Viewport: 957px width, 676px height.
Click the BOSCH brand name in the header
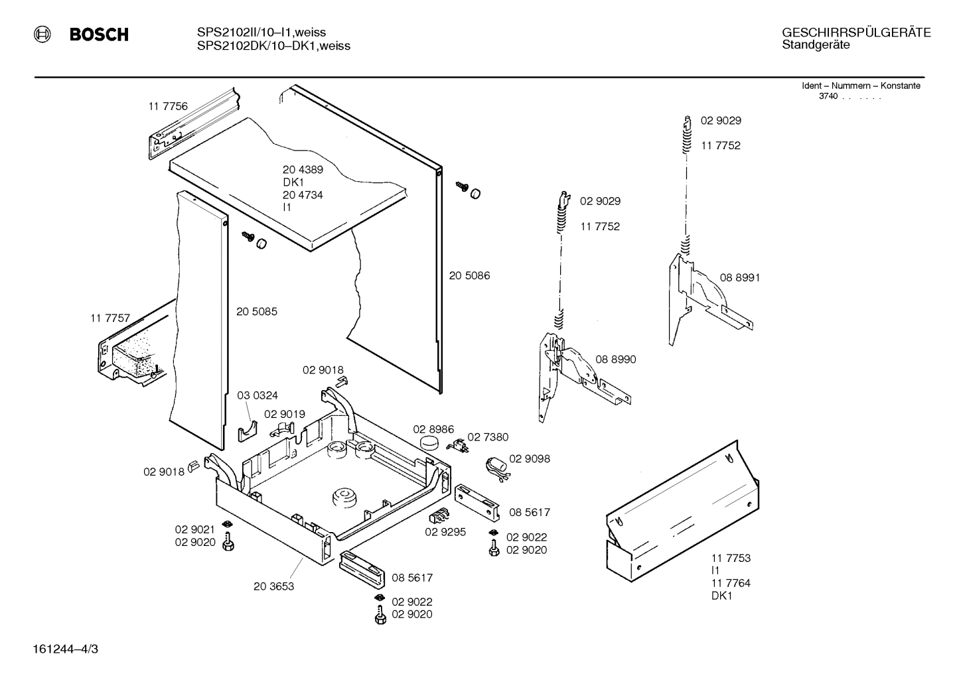pyautogui.click(x=99, y=34)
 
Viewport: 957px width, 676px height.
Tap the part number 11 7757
pyautogui.click(x=110, y=318)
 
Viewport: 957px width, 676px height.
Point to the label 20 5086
pyautogui.click(x=469, y=275)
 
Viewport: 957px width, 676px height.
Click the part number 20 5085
pyautogui.click(x=257, y=311)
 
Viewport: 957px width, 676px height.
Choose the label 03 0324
pyautogui.click(x=258, y=395)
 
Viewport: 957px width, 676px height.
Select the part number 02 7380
pyautogui.click(x=488, y=437)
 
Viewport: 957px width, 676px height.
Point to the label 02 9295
pyautogui.click(x=445, y=531)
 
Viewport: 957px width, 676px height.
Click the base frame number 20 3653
pyautogui.click(x=273, y=586)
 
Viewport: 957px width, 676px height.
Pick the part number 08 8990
pyautogui.click(x=615, y=359)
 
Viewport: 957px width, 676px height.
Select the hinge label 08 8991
pyautogui.click(x=740, y=277)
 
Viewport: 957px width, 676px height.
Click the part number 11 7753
pyautogui.click(x=731, y=558)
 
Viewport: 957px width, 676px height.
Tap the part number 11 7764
pyautogui.click(x=731, y=583)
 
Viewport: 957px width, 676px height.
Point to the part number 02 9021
pyautogui.click(x=195, y=529)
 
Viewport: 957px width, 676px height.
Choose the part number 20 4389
pyautogui.click(x=303, y=169)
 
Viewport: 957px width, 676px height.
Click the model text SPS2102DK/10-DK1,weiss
pyautogui.click(x=273, y=46)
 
